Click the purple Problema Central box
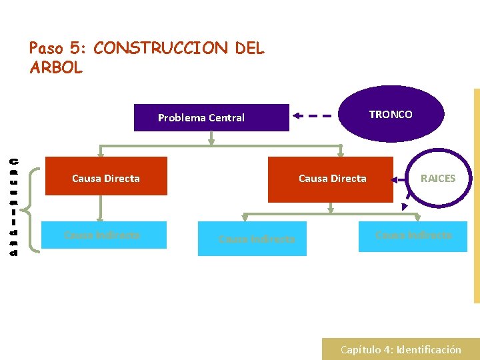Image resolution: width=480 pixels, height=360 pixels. tap(211, 117)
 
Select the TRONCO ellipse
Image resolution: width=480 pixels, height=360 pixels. tap(391, 114)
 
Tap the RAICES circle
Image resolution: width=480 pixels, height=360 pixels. tap(438, 178)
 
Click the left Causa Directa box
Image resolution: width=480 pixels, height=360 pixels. tap(106, 176)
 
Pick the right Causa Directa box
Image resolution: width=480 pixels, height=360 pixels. tap(331, 179)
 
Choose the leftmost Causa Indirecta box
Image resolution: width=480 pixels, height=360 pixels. tap(104, 235)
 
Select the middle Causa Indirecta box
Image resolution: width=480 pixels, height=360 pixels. tap(253, 239)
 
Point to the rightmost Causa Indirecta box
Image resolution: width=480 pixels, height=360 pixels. tap(413, 235)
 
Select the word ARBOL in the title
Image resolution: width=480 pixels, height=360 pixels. tap(56, 67)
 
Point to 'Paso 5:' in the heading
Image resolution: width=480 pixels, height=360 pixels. tap(59, 49)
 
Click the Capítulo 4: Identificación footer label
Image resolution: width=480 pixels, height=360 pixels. tap(401, 349)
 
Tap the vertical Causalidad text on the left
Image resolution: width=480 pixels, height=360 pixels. tap(14, 207)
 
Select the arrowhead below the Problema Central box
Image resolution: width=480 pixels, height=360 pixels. tap(211, 140)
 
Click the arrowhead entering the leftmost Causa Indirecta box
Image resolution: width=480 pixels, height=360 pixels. tap(101, 217)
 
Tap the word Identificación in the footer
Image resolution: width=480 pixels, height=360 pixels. tap(429, 349)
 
